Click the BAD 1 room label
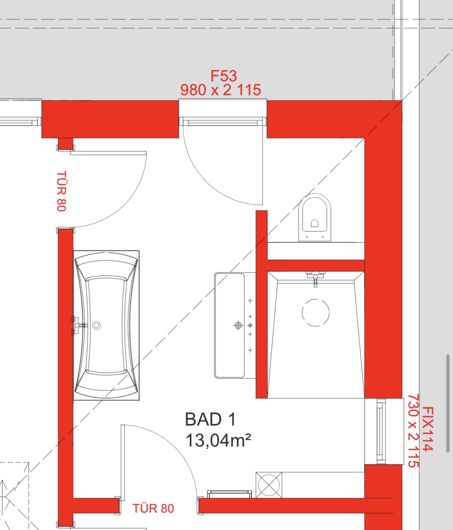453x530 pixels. pos(210,420)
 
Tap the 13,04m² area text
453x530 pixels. pos(218,441)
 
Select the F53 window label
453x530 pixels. pos(223,76)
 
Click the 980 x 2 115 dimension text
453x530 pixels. pos(220,90)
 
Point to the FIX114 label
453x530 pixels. pos(427,429)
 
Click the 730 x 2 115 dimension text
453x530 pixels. pos(414,431)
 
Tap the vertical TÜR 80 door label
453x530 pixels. pos(61,191)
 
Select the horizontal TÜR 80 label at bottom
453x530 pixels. pos(153,509)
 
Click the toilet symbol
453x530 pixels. pos(315,217)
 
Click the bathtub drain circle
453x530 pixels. pos(96,326)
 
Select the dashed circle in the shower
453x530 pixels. pos(316,313)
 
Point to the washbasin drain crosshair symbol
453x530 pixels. pos(238,325)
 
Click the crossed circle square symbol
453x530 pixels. pos(269,485)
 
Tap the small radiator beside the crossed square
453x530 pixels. pos(230,494)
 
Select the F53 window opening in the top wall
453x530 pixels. pos(223,113)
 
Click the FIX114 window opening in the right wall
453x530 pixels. pos(384,432)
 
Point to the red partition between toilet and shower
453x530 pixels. pos(316,265)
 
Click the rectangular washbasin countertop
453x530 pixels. pos(235,325)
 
